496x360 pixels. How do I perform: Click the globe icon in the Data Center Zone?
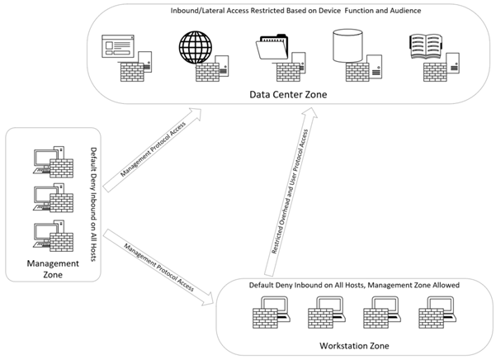click(194, 48)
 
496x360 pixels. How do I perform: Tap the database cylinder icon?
click(345, 48)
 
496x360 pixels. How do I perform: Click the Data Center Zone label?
click(288, 95)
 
